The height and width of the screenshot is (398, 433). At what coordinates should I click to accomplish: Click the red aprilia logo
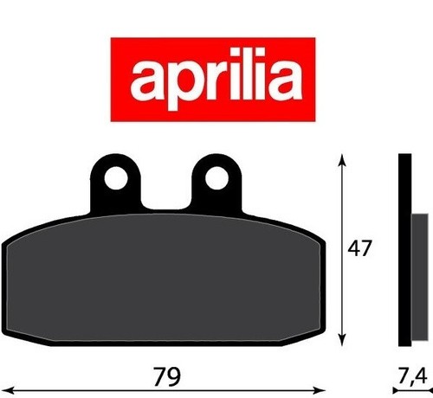(x=213, y=80)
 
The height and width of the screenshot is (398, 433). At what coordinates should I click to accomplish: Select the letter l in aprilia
(x=243, y=74)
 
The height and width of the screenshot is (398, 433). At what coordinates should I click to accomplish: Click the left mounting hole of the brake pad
(x=116, y=178)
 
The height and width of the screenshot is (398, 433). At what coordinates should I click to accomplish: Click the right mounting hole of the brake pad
(x=216, y=178)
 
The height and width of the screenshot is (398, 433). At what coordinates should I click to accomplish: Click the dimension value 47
(x=359, y=249)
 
